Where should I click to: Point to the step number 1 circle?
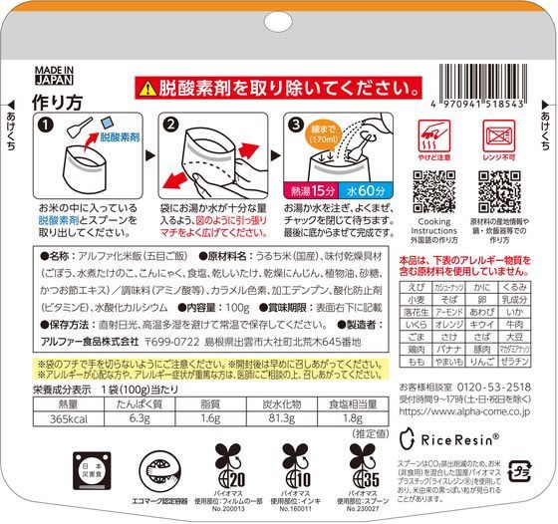coord(45,125)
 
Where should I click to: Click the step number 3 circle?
coord(297,125)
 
